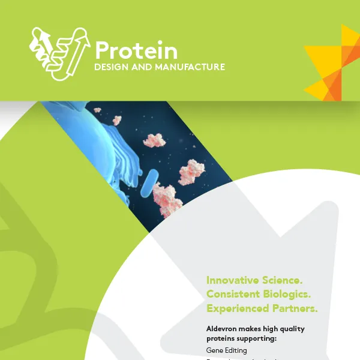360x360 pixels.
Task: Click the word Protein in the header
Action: coord(136,50)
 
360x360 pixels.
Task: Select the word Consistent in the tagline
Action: coord(233,294)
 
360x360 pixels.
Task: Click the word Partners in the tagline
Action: coord(293,308)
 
